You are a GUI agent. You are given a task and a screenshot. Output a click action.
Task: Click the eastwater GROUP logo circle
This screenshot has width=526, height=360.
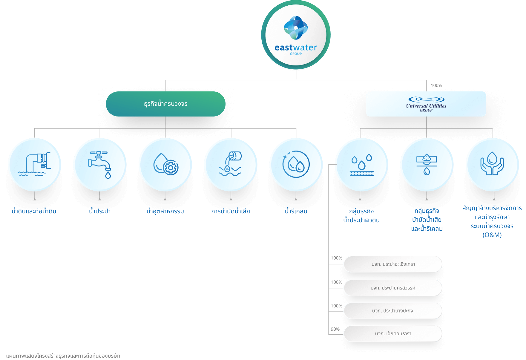pyautogui.click(x=296, y=35)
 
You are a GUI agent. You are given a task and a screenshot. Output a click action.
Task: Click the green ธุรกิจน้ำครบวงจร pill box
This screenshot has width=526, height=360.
pyautogui.click(x=165, y=104)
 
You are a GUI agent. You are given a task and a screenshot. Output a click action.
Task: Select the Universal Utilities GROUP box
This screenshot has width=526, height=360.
pyautogui.click(x=426, y=104)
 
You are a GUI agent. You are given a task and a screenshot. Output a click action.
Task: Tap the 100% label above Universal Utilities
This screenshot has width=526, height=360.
pyautogui.click(x=436, y=85)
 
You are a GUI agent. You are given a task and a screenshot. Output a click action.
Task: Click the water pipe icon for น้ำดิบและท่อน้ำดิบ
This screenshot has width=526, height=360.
pyautogui.click(x=34, y=165)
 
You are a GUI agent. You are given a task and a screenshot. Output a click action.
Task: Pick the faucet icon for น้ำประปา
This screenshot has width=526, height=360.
pyautogui.click(x=100, y=165)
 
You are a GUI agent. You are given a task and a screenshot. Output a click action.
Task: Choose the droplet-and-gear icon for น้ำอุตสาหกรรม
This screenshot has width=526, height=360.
pyautogui.click(x=165, y=165)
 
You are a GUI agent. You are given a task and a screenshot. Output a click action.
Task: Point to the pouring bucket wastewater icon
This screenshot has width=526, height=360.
pyautogui.click(x=231, y=165)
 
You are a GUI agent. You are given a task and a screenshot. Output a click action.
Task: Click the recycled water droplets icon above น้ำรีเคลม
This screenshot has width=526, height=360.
pyautogui.click(x=296, y=165)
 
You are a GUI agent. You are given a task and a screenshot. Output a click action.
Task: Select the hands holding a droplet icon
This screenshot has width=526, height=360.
pyautogui.click(x=492, y=165)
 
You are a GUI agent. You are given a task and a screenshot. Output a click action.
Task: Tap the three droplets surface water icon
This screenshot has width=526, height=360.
pyautogui.click(x=361, y=165)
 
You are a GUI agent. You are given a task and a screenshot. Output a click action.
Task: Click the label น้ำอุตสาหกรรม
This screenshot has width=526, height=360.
pyautogui.click(x=165, y=211)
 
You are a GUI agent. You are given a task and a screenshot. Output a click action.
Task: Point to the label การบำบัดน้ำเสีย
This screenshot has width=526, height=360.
pyautogui.click(x=231, y=211)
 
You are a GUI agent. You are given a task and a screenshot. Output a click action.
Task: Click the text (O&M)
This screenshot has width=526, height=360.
pyautogui.click(x=492, y=235)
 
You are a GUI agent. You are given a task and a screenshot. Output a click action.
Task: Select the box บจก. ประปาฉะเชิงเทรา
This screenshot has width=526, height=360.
pyautogui.click(x=393, y=264)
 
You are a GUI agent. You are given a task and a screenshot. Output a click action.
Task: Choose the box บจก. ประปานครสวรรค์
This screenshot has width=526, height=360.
pyautogui.click(x=393, y=288)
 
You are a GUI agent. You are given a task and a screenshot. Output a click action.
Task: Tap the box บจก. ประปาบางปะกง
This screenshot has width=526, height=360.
pyautogui.click(x=393, y=311)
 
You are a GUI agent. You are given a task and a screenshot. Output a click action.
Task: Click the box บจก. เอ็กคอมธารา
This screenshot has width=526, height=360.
pyautogui.click(x=393, y=333)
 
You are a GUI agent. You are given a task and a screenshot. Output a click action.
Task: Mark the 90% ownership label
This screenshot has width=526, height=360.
pyautogui.click(x=335, y=329)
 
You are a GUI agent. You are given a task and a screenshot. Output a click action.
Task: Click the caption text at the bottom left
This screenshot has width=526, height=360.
pyautogui.click(x=63, y=356)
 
